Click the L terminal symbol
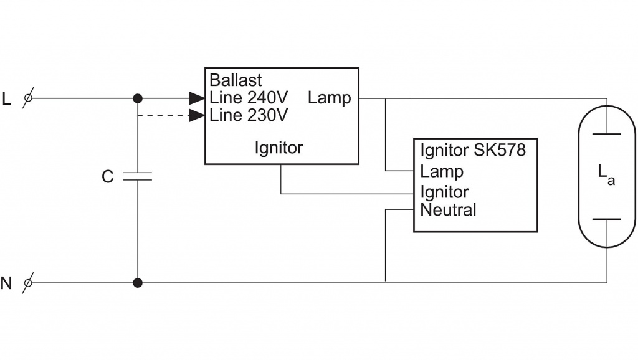pos(28,98)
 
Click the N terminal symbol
pos(28,283)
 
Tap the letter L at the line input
pos(6,99)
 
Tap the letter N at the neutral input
pos(6,283)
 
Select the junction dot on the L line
pos(138,98)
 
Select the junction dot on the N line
pos(138,283)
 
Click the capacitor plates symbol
pos(138,176)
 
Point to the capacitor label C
pos(107,177)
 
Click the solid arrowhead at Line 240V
pos(197,98)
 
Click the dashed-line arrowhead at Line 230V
pos(197,115)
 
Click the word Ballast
pos(236,80)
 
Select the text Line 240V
pos(249,98)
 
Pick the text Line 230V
pos(249,115)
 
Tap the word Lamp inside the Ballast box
pos(329,98)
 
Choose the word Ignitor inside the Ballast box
pos(279,148)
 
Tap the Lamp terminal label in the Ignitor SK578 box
pos(442,172)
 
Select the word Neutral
pos(448,210)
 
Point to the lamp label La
pos(606,174)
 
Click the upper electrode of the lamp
pos(607,134)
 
